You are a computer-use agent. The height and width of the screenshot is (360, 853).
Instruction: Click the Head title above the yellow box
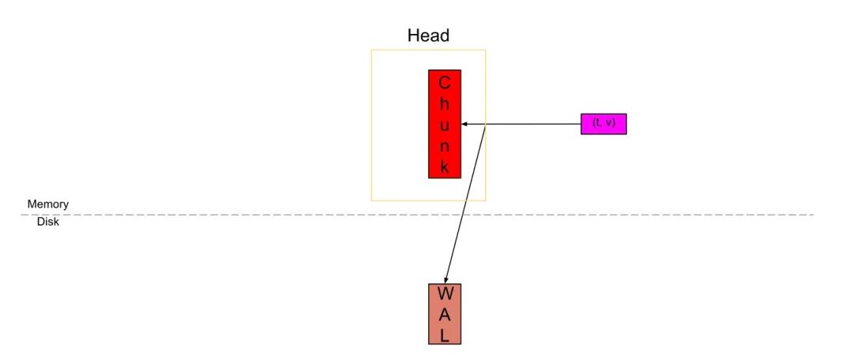tap(428, 36)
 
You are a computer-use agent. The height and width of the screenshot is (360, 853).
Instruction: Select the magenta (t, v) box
tap(603, 123)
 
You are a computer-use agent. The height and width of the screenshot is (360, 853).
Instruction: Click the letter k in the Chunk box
tap(445, 167)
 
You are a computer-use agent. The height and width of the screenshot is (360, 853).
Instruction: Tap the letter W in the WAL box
tap(445, 294)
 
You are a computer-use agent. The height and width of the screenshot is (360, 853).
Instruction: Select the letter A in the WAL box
tap(445, 314)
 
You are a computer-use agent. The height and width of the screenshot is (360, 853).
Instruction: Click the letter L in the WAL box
tap(445, 335)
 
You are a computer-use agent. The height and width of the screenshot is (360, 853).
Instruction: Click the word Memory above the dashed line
tap(48, 204)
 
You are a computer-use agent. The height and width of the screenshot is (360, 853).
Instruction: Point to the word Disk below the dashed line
tap(48, 223)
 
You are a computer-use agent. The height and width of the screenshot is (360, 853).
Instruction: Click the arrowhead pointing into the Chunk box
tap(464, 124)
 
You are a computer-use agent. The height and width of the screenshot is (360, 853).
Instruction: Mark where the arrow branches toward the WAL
tap(484, 124)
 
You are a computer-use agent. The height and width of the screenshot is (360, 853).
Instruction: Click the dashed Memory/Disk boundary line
tap(237, 214)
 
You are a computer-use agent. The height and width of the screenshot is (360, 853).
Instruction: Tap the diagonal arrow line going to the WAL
tap(466, 201)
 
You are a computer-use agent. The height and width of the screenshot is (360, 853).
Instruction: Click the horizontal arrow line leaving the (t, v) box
tap(537, 124)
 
